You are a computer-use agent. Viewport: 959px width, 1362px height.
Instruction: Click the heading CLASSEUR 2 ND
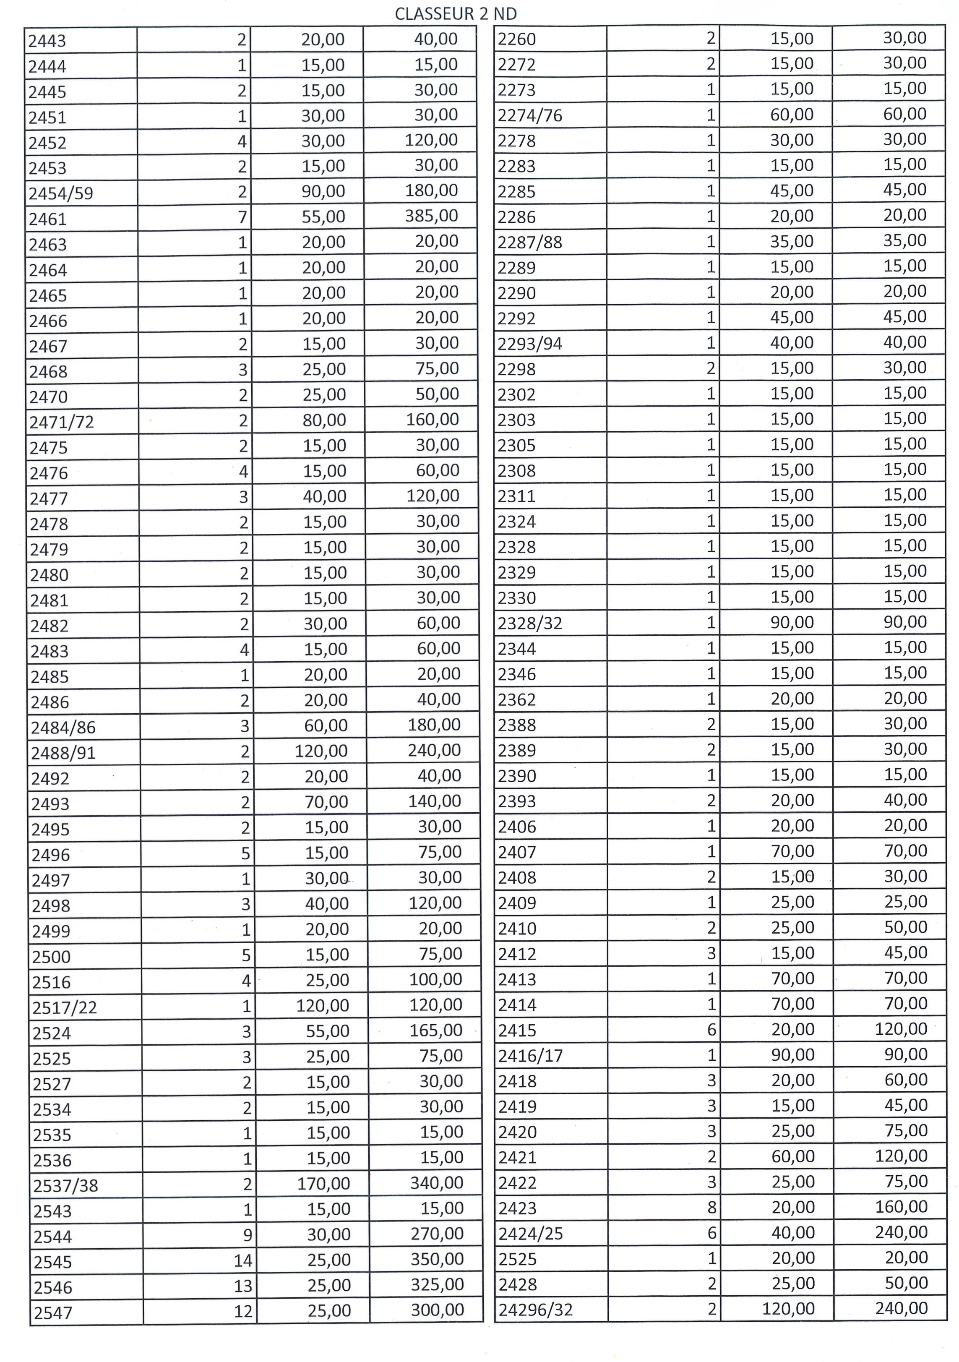(456, 14)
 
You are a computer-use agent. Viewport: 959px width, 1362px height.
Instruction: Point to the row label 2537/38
(65, 1186)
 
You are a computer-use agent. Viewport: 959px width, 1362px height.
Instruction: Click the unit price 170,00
(324, 1183)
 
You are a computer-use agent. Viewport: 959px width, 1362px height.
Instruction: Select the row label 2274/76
(529, 115)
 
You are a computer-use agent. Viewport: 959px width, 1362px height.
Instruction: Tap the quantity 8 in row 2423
(711, 1207)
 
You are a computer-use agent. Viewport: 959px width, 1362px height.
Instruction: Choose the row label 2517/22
(65, 1007)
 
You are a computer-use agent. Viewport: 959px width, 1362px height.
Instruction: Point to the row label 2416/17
(530, 1055)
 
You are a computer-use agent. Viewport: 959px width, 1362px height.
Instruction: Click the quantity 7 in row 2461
(242, 217)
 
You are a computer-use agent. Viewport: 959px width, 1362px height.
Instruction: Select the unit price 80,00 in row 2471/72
(324, 420)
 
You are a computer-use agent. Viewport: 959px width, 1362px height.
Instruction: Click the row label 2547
(53, 1313)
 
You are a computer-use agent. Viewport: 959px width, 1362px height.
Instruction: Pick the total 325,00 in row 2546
(437, 1284)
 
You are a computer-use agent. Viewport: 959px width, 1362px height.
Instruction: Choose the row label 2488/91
(63, 753)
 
